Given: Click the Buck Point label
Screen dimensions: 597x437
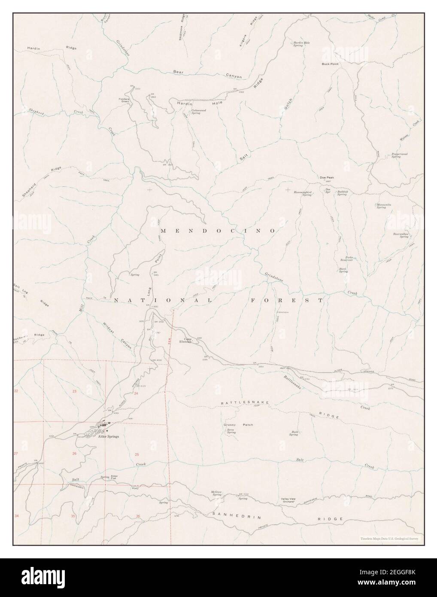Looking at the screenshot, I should [330, 64].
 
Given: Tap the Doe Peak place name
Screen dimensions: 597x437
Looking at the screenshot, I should [327, 177].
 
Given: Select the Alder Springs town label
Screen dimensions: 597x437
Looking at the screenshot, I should [108, 436].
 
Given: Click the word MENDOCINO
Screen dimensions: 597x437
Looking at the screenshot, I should [218, 231].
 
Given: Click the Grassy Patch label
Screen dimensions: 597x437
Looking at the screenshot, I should [238, 425].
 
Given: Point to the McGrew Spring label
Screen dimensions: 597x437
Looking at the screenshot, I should [216, 493].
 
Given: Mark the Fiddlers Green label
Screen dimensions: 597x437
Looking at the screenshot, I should [127, 101].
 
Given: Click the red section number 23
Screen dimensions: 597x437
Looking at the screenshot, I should [74, 391].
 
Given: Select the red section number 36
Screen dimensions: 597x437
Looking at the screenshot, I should [137, 516].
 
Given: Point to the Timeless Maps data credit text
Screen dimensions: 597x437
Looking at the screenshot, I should [389, 538].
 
